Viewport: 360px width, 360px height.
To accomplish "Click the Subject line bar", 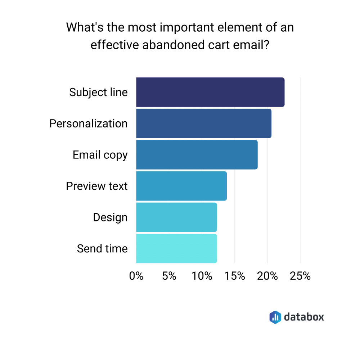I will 210,92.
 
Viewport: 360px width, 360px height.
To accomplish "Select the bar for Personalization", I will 204,123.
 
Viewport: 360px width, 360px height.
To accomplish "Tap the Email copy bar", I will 197,155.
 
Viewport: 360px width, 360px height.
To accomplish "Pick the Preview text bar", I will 181,186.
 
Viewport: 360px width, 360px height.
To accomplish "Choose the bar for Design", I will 176,217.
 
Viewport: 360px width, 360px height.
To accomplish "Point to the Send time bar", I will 176,249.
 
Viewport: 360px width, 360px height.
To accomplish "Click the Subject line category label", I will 98,92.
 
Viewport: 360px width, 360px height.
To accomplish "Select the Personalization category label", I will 88,123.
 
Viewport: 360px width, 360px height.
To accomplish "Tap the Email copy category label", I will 100,155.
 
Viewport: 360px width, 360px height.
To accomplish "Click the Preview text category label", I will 96,186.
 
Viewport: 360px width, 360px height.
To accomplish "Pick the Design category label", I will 110,217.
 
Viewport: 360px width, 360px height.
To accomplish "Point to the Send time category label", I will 102,249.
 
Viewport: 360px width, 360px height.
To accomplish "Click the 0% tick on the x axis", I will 136,276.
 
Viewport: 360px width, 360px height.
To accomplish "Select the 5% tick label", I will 169,276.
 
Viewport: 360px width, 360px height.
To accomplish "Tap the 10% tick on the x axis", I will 202,276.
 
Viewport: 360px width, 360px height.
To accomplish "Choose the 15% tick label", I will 235,276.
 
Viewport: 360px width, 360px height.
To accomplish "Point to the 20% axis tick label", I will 267,276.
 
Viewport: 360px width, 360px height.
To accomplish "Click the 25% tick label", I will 300,276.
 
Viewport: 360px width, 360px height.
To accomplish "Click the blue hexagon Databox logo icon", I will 275,317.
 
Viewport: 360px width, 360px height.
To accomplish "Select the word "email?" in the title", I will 249,46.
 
